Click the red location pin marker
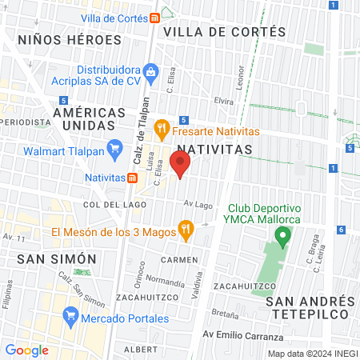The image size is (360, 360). [180, 165]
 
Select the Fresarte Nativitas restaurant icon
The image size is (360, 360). [161, 126]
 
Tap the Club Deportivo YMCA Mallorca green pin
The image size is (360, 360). [281, 236]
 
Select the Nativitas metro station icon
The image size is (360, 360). [130, 177]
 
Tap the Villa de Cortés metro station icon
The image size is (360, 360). [153, 18]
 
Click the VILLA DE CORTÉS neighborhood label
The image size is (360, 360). [224, 32]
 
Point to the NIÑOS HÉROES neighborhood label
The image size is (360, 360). [70, 38]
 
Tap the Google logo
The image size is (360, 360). [26, 350]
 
